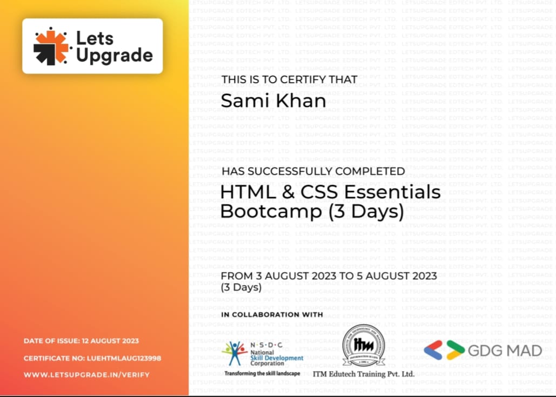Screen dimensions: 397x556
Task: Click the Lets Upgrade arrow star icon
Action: tap(52, 46)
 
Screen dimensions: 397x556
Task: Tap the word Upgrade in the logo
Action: tap(115, 55)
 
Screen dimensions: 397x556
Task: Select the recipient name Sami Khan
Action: tap(273, 100)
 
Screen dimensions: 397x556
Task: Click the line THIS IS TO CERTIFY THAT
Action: tap(289, 79)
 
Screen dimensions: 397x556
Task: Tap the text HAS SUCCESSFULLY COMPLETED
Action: tap(313, 171)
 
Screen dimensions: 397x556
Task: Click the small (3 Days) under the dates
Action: tap(241, 287)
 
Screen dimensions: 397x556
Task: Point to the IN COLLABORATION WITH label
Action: tap(272, 314)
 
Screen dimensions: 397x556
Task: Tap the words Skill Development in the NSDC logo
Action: tap(277, 358)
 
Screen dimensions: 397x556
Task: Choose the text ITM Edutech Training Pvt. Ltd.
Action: tap(363, 374)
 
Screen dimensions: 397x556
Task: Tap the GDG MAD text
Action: tap(505, 351)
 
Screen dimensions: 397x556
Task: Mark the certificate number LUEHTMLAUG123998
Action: tap(124, 358)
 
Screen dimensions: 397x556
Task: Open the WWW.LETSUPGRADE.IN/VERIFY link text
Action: tap(86, 374)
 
